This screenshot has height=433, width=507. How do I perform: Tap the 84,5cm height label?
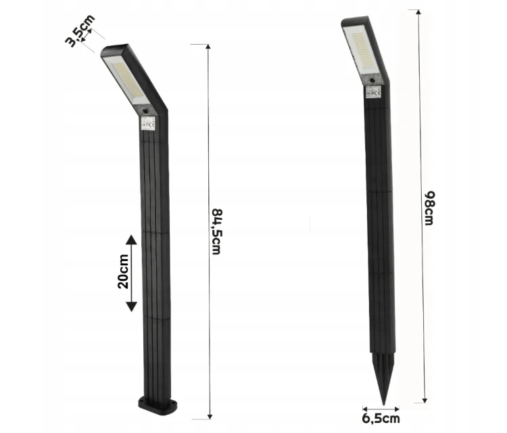[216, 231]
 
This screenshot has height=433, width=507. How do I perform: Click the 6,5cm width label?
[381, 419]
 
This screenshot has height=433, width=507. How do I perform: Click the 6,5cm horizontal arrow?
[381, 408]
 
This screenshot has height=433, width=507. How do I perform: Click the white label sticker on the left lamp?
[151, 124]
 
